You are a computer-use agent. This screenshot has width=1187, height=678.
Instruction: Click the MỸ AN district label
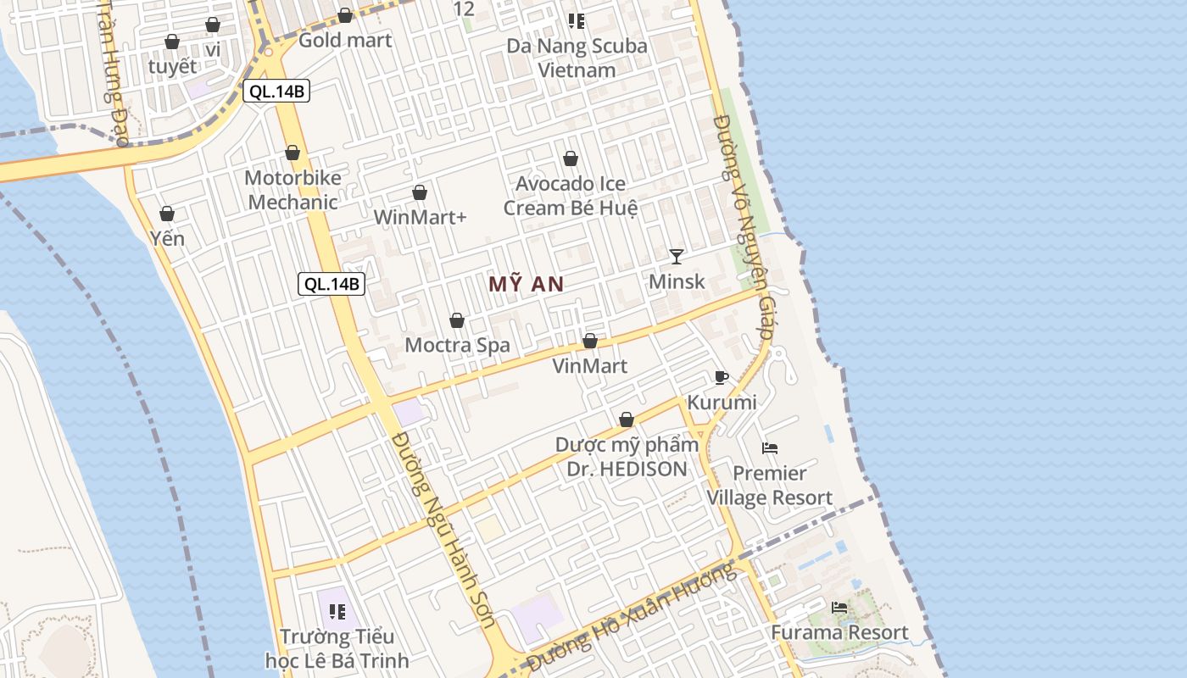[x=526, y=285]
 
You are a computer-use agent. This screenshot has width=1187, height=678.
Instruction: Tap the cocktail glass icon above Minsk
[x=676, y=256]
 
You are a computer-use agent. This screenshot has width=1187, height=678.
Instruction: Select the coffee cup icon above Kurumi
[x=721, y=377]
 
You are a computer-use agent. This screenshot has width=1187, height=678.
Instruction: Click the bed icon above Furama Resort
[x=839, y=608]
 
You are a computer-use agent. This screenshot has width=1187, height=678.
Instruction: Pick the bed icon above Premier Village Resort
[x=770, y=447]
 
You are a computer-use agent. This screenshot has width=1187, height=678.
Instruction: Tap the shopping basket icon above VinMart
[x=590, y=341]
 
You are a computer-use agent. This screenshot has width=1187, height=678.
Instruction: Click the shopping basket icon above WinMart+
[x=420, y=193]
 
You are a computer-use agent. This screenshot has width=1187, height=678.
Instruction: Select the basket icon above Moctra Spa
[x=457, y=320]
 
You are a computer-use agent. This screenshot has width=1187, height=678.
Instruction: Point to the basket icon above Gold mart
[x=345, y=15]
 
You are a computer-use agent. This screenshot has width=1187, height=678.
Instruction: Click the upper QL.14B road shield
[x=276, y=92]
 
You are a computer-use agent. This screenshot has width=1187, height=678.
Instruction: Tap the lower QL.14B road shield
[x=332, y=284]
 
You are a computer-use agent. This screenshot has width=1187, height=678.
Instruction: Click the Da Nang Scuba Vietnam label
[x=577, y=58]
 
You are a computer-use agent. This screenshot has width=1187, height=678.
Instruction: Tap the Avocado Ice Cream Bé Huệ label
[x=571, y=196]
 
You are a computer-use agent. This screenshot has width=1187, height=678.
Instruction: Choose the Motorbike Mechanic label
[x=293, y=190]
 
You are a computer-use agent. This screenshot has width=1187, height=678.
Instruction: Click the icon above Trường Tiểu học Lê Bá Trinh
[x=337, y=611]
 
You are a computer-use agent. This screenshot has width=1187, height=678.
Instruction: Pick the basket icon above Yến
[x=167, y=214]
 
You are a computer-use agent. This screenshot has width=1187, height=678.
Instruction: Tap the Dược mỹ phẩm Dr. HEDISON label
[x=627, y=457]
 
